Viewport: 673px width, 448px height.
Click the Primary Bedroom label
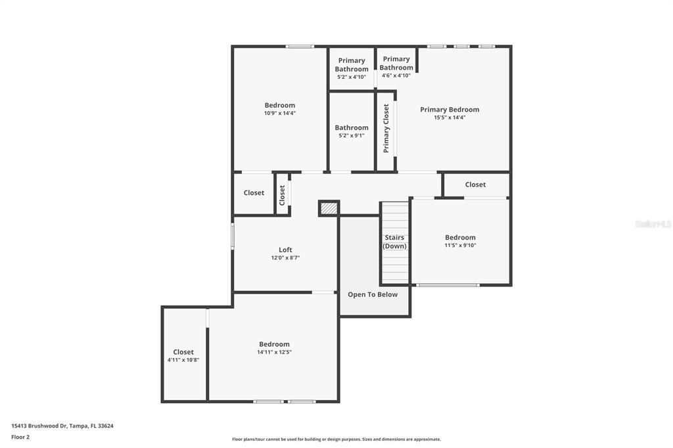(x=450, y=110)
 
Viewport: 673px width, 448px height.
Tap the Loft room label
(x=285, y=250)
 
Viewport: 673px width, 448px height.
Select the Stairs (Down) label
(x=395, y=242)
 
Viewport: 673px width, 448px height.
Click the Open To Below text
(x=373, y=294)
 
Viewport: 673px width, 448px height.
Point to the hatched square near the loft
(x=329, y=208)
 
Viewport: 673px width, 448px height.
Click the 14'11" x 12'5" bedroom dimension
(x=274, y=352)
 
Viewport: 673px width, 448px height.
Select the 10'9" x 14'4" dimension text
(x=280, y=113)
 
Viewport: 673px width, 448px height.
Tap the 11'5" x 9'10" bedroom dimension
(x=460, y=245)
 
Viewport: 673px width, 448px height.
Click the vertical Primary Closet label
(x=386, y=128)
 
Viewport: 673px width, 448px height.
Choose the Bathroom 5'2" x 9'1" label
(x=352, y=131)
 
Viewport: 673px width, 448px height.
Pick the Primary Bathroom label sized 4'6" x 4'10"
(x=396, y=67)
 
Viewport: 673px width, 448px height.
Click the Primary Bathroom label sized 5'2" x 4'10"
(x=352, y=68)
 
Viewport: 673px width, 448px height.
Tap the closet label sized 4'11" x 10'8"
(x=183, y=355)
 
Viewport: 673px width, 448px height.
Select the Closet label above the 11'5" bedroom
(x=475, y=185)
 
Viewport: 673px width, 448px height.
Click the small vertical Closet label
(x=283, y=194)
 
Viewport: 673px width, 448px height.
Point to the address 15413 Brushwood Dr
(x=62, y=426)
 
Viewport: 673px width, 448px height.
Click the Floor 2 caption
(x=20, y=437)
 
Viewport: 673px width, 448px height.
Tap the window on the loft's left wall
(x=233, y=236)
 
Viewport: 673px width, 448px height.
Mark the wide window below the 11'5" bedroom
(x=448, y=285)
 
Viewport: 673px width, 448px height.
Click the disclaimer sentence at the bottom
(x=336, y=439)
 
